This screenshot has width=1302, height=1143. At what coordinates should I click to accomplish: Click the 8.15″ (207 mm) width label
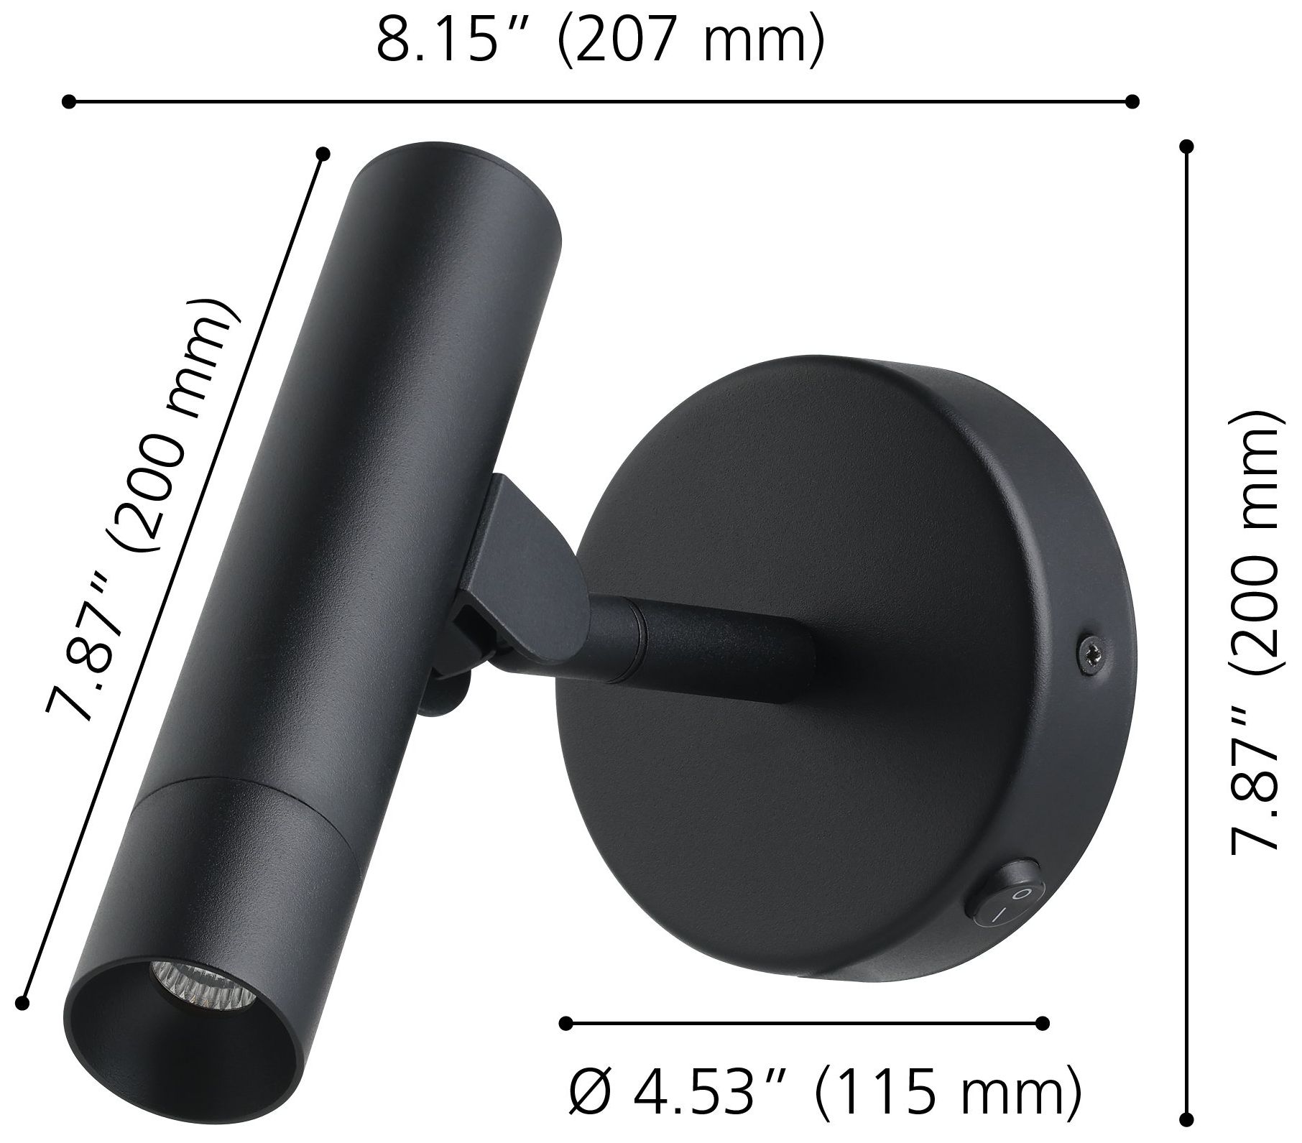600,44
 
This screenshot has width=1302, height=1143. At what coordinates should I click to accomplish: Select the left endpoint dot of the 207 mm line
69,101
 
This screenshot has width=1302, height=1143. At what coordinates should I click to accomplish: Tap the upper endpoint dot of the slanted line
323,153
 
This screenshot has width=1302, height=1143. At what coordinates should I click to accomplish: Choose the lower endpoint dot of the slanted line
26,999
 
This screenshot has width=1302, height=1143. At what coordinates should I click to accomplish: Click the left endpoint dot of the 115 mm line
565,1023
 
